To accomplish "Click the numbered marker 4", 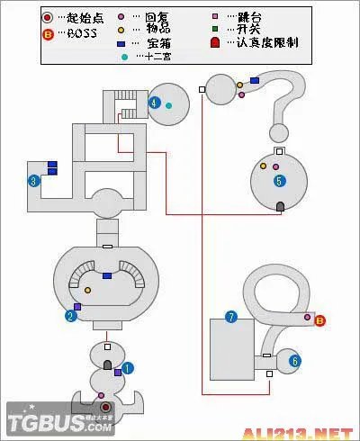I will coord(155,103).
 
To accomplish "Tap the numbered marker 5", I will coord(279,181).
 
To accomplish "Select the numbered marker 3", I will coord(33,181).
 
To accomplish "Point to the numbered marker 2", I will coord(69,316).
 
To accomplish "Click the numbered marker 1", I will coord(128,367).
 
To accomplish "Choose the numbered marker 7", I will coord(231,317).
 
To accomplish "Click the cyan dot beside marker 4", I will coord(168,105).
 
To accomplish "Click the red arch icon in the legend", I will coord(215,42).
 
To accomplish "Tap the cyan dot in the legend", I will coord(124,57).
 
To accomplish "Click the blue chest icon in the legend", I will coord(121,43).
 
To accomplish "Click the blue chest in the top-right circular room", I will coord(255,81).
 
